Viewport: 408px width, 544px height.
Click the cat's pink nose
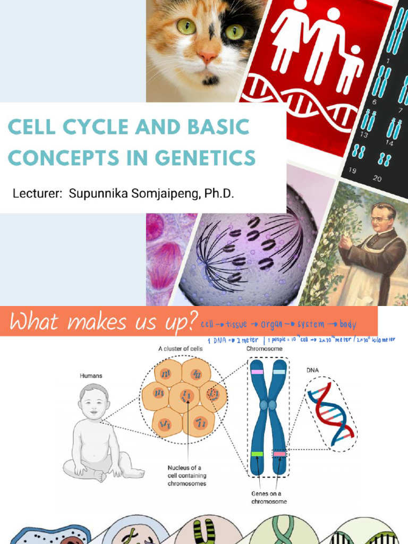pos(207,55)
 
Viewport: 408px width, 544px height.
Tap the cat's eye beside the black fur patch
pos(234,32)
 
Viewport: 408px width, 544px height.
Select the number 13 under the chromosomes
pos(364,135)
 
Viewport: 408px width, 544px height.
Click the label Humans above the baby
pos(91,376)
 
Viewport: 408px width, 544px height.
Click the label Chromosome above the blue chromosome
pos(264,349)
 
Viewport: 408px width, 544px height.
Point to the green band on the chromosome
pos(257,454)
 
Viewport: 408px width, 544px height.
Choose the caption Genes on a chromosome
pos(269,497)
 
